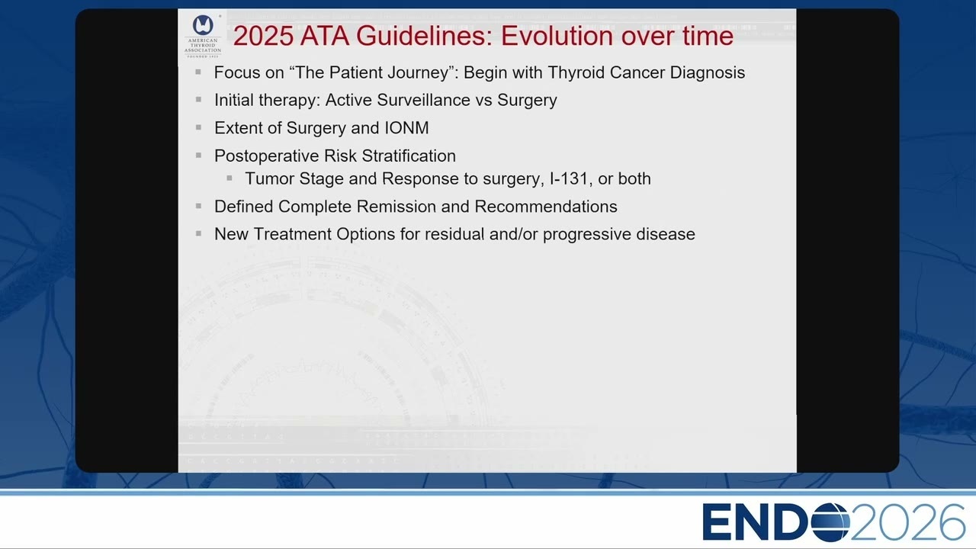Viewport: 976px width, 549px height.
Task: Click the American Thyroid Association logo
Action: [203, 36]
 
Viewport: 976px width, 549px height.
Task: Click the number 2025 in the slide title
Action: [263, 36]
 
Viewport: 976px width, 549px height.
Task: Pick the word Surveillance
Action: [423, 100]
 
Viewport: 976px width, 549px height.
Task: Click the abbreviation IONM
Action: [406, 128]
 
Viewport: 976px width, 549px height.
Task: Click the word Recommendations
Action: [546, 207]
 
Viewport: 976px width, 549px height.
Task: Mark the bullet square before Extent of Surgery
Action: [199, 127]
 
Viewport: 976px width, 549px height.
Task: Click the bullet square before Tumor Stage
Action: [230, 178]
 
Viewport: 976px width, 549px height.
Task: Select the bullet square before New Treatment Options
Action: [199, 233]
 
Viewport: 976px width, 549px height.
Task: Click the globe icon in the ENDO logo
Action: [830, 522]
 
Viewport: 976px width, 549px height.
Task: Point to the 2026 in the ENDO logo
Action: [907, 522]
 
